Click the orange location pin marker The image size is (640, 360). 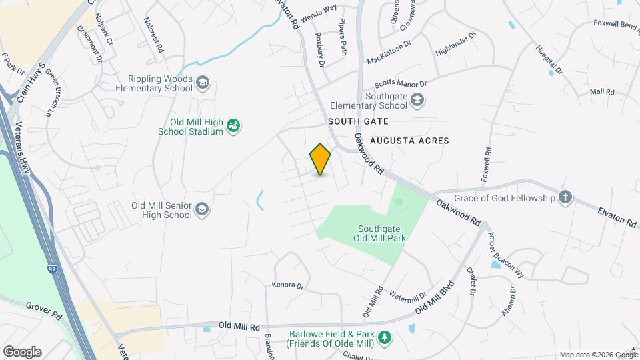click(x=320, y=159)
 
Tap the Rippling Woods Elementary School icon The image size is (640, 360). click(x=203, y=83)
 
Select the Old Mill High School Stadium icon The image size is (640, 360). click(x=233, y=125)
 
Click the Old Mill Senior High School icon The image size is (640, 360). click(x=202, y=211)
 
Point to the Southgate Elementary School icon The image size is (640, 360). click(x=417, y=101)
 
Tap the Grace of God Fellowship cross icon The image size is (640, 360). click(x=565, y=197)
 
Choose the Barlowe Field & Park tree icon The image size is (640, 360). click(x=384, y=338)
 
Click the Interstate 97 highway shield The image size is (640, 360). click(x=53, y=269)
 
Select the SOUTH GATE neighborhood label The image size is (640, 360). click(x=357, y=122)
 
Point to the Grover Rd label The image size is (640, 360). click(x=43, y=307)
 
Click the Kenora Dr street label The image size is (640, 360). click(x=287, y=285)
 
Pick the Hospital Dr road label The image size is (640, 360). click(x=549, y=59)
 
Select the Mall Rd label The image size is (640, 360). click(x=602, y=91)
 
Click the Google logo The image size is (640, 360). click(x=22, y=351)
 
